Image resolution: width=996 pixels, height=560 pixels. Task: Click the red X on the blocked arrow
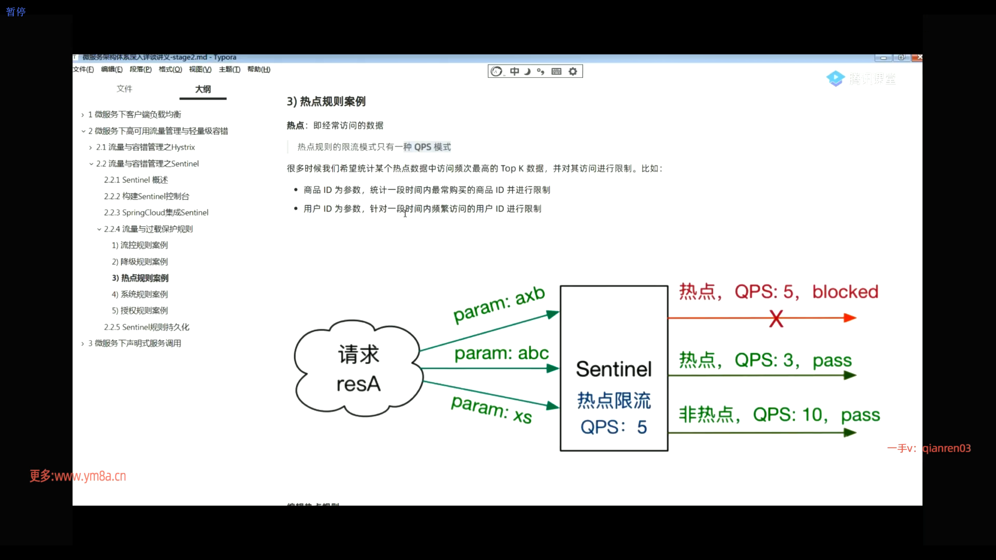tap(776, 318)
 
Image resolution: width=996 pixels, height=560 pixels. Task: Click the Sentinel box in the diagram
tap(614, 368)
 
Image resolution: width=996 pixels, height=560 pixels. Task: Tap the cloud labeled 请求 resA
tap(358, 369)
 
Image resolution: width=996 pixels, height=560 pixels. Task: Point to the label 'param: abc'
tap(501, 353)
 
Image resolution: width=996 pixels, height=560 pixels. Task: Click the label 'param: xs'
tap(491, 409)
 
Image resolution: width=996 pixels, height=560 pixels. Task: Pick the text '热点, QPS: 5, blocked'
tap(779, 292)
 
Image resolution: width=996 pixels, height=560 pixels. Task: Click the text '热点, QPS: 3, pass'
tap(765, 360)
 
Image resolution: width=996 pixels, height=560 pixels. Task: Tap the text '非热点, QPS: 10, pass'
tap(779, 415)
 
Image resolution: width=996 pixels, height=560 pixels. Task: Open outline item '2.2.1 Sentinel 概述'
tap(136, 180)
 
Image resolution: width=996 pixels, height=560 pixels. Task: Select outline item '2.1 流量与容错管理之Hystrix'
tap(145, 147)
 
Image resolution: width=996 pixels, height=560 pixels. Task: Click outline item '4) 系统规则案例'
tap(140, 295)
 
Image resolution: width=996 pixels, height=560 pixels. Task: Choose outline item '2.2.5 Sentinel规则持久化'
tap(146, 327)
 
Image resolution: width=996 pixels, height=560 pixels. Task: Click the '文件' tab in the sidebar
tap(125, 89)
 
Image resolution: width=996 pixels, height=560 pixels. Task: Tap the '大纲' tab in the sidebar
tap(203, 89)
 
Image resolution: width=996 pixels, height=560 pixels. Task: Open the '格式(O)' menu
tap(170, 69)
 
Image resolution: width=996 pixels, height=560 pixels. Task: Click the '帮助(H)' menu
tap(259, 69)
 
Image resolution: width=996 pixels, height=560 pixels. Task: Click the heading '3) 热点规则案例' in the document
tap(326, 102)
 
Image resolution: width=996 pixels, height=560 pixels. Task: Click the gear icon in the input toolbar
tap(573, 72)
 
